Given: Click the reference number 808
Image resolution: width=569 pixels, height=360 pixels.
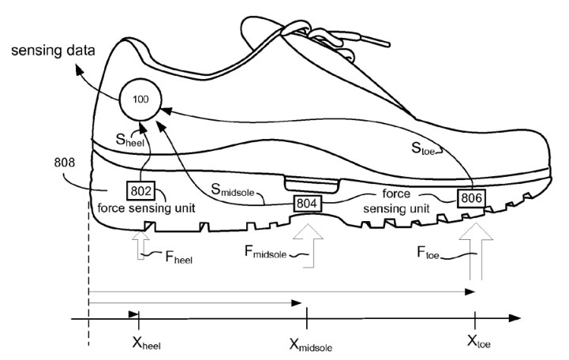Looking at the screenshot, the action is coord(65,162).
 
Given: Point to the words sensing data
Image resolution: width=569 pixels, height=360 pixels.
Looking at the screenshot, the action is coord(53,51).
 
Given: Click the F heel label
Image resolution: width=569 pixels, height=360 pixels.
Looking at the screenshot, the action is coord(179,257).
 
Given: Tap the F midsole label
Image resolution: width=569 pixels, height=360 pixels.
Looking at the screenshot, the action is coord(266,252).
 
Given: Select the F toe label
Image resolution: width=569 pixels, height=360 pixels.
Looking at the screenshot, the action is coord(429,253).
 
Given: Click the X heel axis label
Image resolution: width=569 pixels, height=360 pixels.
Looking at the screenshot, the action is coord(146,343).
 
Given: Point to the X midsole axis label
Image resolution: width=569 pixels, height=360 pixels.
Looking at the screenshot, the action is coord(311,345).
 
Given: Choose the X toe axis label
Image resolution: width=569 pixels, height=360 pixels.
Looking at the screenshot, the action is coord(479,342).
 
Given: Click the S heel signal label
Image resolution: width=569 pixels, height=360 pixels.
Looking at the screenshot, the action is coord(130,140).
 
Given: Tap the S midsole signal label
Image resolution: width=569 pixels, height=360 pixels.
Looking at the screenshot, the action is coord(233,189).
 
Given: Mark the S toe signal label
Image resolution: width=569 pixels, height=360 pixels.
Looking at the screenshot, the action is coord(423,148).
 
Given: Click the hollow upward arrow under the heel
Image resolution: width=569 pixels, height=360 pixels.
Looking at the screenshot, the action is coord(140,246).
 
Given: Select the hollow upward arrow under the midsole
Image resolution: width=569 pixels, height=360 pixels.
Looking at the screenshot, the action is coord(308,246).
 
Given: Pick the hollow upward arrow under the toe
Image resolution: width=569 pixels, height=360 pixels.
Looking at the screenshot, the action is coord(476,251).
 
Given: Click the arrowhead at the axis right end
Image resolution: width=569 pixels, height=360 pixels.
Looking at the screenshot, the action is coord(515,318).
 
